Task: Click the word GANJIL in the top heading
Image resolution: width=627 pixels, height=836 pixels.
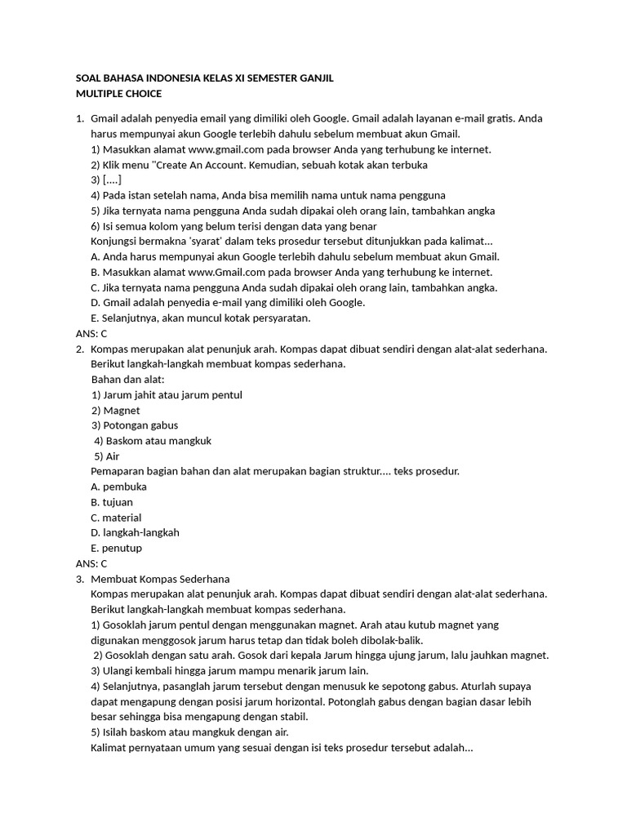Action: (x=312, y=78)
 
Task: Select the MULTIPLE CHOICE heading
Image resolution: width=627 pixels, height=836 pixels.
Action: (x=119, y=94)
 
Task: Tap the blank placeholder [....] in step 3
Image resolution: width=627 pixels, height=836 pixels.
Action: (x=113, y=180)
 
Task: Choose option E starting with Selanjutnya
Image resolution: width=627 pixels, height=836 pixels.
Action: (x=201, y=318)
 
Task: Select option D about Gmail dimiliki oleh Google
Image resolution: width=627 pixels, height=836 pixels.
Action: (x=228, y=302)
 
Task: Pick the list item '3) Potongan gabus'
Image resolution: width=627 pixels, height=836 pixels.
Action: (x=135, y=425)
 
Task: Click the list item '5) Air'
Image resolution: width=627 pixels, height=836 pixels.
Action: (x=107, y=456)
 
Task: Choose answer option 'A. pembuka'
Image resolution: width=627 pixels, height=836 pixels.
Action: (x=118, y=487)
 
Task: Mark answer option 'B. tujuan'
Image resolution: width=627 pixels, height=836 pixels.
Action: (x=112, y=502)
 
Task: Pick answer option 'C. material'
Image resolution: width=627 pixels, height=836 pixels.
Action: (x=116, y=518)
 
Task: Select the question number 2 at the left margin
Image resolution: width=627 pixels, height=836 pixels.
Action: (x=79, y=349)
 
